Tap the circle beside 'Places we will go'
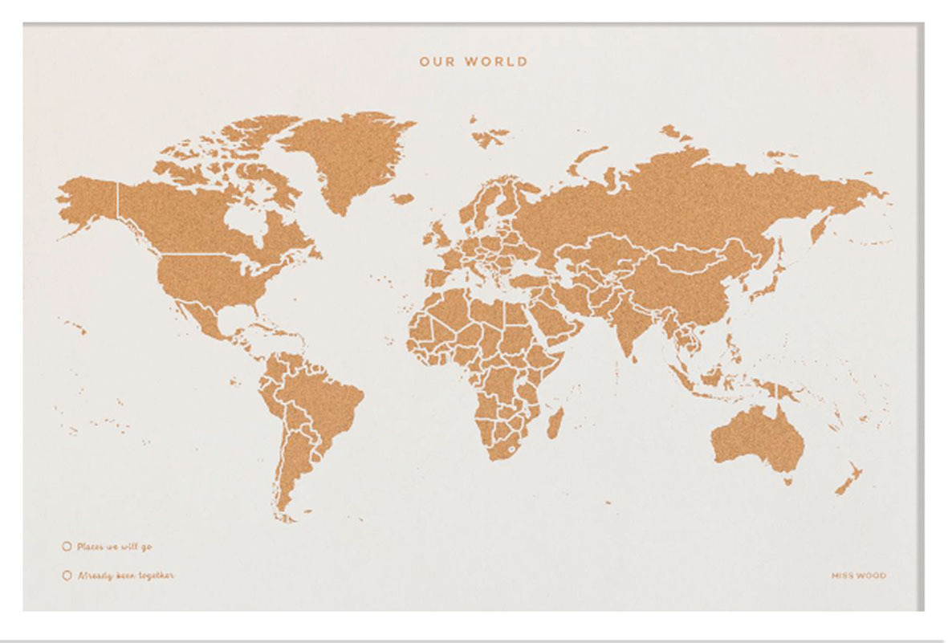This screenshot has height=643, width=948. point(67,547)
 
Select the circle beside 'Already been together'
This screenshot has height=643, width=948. point(67,576)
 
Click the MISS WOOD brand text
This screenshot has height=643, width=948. point(859,576)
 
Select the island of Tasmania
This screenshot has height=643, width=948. point(787,482)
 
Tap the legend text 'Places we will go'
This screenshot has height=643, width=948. point(114,547)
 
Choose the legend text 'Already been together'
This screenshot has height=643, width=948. point(125,576)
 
